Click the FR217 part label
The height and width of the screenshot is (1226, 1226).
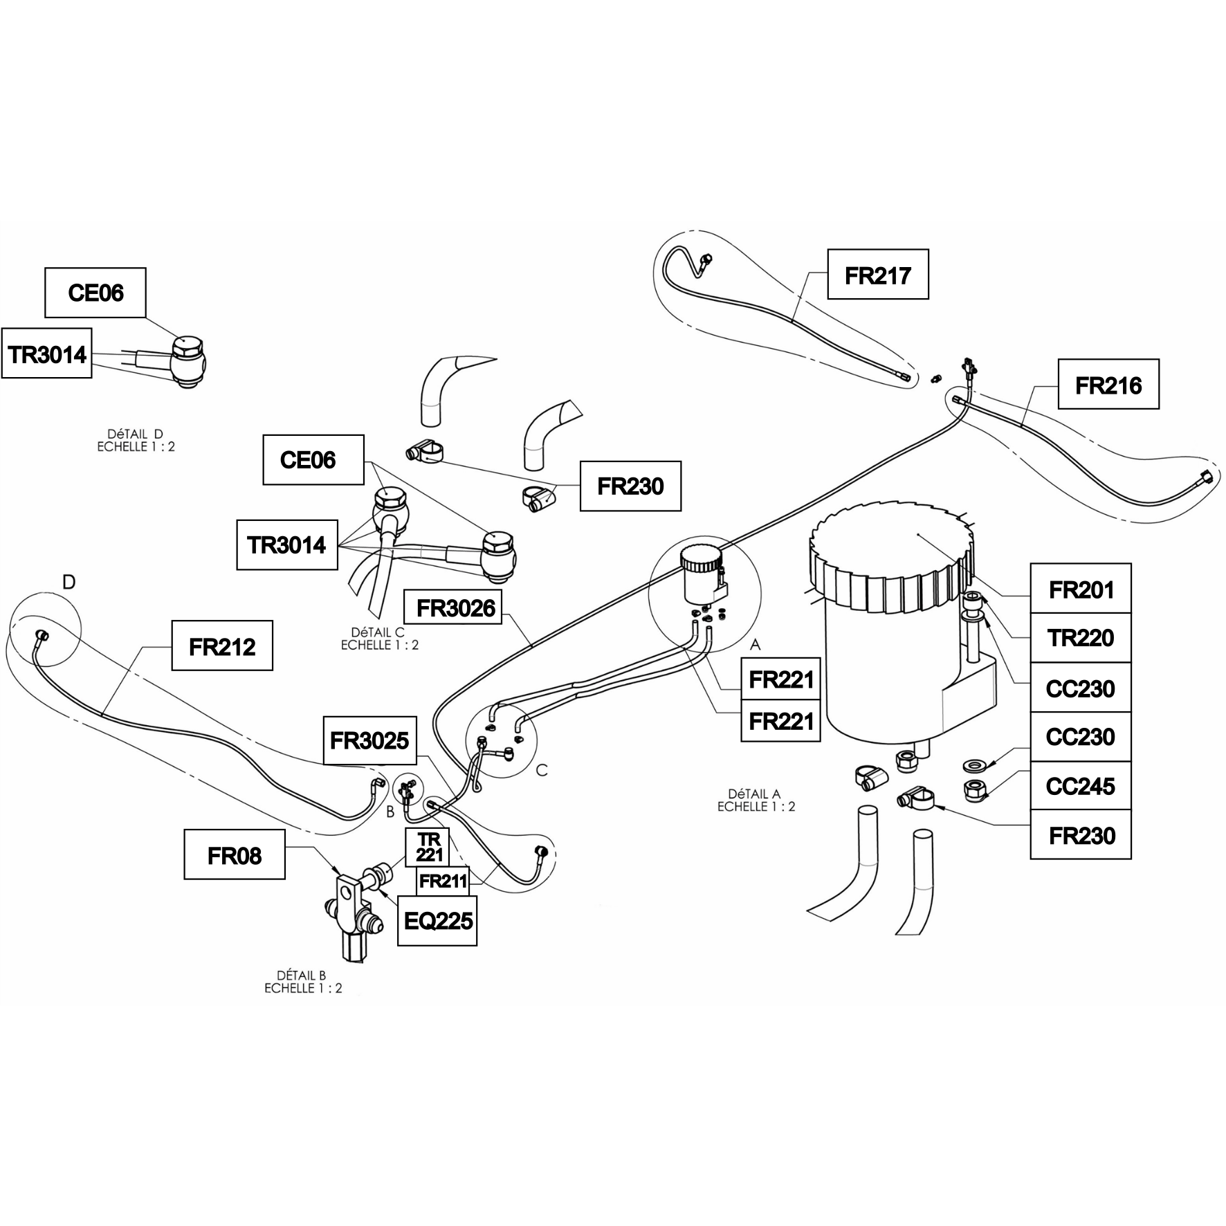tap(878, 275)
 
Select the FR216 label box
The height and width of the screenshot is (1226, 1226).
tap(1108, 384)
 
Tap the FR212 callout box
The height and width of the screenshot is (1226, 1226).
tap(222, 646)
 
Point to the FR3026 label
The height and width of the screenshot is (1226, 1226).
tap(455, 607)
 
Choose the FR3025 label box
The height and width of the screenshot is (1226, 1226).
tap(369, 740)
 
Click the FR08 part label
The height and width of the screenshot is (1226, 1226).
tap(235, 854)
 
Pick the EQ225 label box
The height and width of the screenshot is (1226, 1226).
tap(438, 920)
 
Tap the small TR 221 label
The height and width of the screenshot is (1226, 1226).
tap(429, 847)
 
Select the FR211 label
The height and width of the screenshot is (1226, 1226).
tap(443, 881)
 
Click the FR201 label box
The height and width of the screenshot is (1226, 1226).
tap(1081, 589)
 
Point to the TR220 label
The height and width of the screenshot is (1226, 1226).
tap(1081, 638)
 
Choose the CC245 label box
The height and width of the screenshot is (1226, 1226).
tap(1081, 786)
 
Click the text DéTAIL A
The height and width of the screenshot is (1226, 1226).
tap(754, 794)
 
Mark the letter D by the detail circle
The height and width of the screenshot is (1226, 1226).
tap(68, 583)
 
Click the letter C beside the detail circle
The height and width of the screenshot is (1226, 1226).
tap(542, 770)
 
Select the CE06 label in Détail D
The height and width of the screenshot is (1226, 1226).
tap(95, 293)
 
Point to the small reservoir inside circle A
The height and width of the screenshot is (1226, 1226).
tap(704, 575)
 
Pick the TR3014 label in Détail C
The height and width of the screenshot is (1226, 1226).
tap(287, 545)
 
